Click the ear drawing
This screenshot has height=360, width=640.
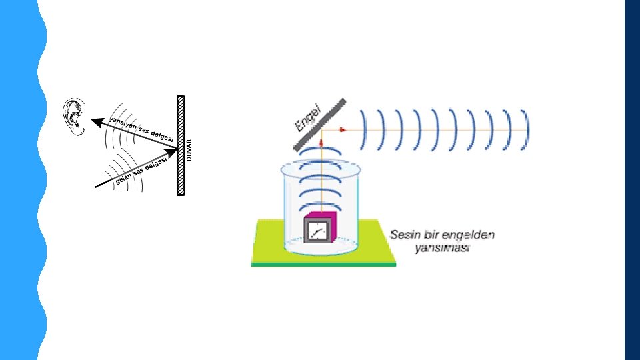[74, 117]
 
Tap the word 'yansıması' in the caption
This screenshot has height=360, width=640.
[442, 248]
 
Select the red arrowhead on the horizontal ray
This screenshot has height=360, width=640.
[342, 129]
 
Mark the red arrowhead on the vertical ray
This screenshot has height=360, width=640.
[321, 143]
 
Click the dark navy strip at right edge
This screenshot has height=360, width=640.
[632, 180]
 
